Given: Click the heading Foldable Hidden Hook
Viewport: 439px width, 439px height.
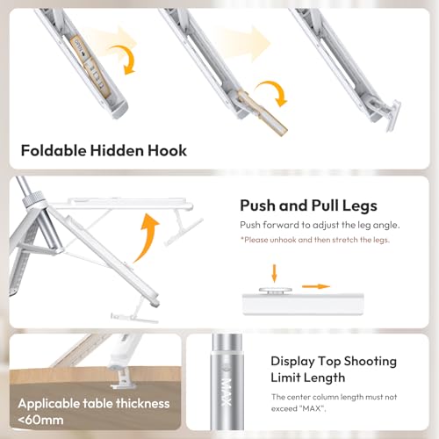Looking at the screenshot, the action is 104,151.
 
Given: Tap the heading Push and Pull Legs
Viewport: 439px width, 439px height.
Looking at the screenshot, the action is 308,205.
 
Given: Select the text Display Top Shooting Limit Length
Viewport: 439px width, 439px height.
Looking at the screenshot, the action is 334,370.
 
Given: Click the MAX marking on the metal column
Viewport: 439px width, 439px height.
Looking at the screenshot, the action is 227,392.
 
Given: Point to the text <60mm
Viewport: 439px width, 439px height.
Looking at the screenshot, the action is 40,420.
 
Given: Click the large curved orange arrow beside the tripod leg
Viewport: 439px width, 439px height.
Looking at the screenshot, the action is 146,238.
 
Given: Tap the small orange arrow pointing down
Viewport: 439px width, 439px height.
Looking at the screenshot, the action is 274,273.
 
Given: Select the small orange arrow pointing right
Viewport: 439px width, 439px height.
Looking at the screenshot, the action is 316,286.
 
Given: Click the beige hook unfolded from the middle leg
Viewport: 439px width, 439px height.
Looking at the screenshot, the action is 263,112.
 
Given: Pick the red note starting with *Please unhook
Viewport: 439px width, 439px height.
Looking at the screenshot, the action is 315,240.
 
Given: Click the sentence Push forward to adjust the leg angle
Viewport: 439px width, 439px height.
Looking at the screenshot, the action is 320,225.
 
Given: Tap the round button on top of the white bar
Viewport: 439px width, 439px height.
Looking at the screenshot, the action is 276,291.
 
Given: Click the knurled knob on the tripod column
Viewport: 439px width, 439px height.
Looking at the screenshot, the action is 33,198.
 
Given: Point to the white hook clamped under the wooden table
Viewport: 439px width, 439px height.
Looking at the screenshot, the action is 122,378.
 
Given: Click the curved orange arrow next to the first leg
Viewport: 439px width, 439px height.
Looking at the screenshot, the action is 124,60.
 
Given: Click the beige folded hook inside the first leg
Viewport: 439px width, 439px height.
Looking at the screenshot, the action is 90,65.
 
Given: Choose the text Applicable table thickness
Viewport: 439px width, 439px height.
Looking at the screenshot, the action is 94,404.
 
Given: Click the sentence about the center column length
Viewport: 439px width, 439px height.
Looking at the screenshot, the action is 334,403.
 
